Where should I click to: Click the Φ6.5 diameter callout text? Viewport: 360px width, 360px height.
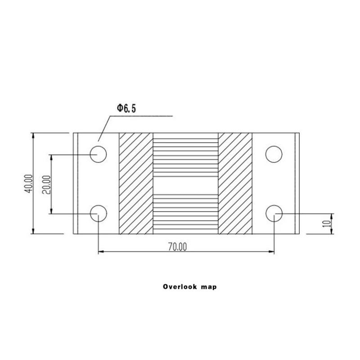(126, 108)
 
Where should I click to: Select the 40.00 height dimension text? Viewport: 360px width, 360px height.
(28, 184)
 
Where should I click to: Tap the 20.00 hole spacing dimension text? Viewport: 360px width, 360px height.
(46, 184)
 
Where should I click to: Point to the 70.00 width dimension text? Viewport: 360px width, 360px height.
(177, 247)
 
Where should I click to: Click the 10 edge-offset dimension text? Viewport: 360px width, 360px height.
(327, 224)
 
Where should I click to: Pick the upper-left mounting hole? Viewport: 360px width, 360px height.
(98, 154)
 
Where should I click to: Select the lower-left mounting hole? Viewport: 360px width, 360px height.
(99, 213)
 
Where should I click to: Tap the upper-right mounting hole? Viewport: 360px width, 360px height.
(274, 154)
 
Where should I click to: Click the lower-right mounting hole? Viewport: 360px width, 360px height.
(274, 213)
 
